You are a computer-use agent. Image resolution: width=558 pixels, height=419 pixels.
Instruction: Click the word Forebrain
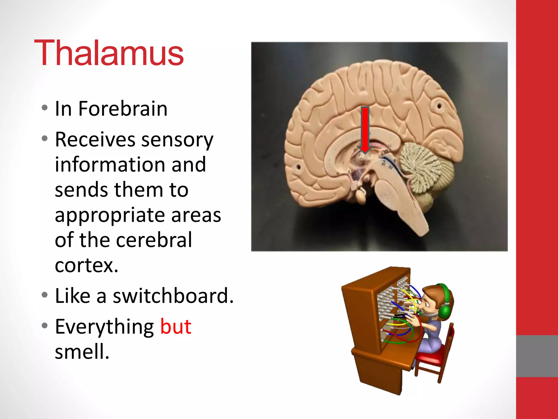[x=123, y=109]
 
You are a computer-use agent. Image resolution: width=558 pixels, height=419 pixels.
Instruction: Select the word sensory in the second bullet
[x=177, y=140]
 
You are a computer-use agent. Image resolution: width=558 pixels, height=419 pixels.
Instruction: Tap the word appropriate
[x=110, y=215]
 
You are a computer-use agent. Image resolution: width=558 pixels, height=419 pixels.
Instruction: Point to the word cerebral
[x=154, y=240]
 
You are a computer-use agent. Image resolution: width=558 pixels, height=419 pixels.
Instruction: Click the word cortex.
[x=86, y=265]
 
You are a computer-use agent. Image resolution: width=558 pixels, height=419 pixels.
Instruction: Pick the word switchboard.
[x=173, y=296]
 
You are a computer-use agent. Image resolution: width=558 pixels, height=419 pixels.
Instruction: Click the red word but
[x=176, y=326]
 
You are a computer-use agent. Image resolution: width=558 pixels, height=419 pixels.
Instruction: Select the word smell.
[x=82, y=351]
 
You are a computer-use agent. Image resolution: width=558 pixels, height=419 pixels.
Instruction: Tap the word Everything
[x=104, y=327]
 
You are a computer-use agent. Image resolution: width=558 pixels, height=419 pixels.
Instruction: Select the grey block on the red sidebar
[x=537, y=356]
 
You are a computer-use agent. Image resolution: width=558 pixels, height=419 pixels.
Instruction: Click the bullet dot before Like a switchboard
[x=45, y=295]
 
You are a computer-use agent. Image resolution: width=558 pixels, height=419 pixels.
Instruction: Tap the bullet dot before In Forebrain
[x=45, y=108]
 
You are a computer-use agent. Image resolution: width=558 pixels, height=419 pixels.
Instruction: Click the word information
[x=130, y=164]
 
